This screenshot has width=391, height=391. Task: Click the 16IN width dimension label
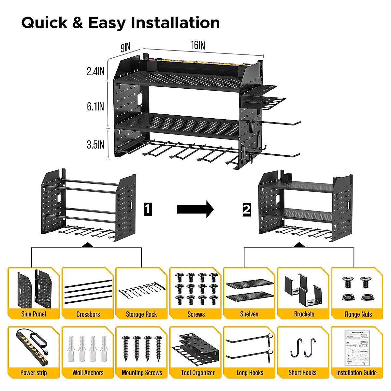pos(198,45)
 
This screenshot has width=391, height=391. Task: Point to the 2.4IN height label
pos(95,71)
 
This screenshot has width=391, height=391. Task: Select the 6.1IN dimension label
pos(95,107)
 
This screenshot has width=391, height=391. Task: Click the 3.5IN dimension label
pos(95,145)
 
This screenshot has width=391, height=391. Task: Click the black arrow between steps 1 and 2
pos(195,209)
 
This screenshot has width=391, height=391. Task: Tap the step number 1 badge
pos(148,209)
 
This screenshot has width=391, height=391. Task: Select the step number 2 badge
pos(247,209)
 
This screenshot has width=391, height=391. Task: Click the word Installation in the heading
pos(175,23)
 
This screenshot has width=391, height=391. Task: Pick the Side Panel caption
pos(34,314)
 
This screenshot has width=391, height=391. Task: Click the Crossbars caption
pos(88,314)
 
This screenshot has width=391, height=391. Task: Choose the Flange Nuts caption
pos(358,314)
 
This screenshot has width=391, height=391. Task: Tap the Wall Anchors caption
pos(88,373)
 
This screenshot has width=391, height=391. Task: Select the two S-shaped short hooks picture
pos(303,348)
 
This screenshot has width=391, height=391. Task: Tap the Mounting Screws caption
pos(142,373)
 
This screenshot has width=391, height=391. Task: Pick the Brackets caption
pos(304,314)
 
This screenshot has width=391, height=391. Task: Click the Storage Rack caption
pos(141,314)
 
